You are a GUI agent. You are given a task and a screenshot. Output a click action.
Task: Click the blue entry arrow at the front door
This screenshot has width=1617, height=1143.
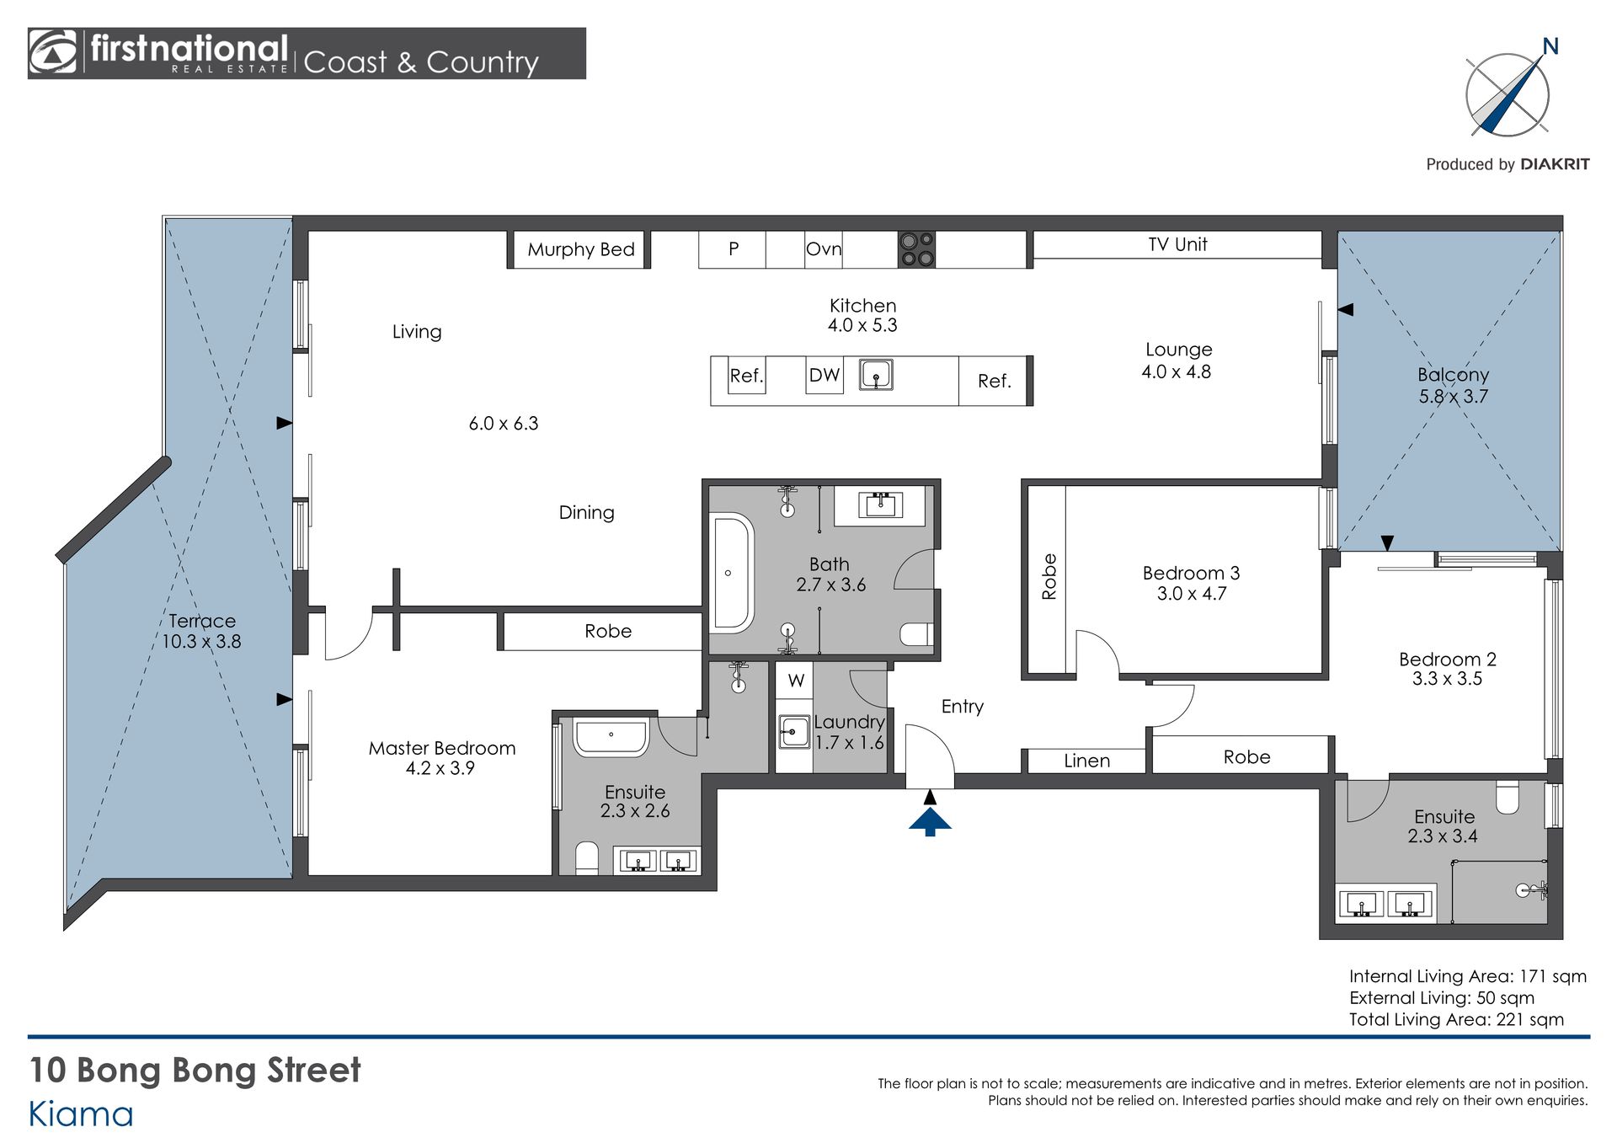930,821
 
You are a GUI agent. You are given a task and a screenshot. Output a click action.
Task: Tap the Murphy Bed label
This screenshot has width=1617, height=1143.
581,249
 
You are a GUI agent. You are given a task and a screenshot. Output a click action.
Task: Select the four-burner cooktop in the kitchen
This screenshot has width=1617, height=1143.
916,249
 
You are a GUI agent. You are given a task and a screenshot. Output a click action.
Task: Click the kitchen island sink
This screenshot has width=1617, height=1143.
876,374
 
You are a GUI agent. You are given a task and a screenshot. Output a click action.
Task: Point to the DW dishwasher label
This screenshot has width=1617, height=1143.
825,375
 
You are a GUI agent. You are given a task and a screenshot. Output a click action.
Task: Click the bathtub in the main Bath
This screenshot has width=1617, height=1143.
731,573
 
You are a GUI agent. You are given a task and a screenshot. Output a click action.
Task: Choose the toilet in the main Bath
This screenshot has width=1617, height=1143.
916,633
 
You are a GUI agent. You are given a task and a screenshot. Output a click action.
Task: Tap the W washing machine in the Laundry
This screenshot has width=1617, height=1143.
796,680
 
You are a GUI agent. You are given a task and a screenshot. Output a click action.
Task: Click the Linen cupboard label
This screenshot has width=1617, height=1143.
1086,761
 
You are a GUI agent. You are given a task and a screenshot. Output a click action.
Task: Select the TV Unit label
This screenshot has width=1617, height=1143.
1177,244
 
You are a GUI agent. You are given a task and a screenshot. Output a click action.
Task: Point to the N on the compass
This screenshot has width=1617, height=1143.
1550,46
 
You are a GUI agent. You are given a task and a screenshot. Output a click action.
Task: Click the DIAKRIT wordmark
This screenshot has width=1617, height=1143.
1555,164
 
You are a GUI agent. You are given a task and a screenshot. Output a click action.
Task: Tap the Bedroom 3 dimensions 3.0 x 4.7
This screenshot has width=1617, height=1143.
1192,594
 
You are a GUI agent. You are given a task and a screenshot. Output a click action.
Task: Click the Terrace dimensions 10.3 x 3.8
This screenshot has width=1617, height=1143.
201,642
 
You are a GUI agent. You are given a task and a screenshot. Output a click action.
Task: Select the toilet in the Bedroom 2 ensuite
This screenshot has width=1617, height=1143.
1507,797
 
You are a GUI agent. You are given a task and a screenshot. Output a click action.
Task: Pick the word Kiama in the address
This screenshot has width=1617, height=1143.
81,1114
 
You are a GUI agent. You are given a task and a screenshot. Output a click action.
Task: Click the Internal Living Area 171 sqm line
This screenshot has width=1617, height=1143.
1468,976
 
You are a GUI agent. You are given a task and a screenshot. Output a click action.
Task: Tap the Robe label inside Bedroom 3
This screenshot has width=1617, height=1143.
1049,576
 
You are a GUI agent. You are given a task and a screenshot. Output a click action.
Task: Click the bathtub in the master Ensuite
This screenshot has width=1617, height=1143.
611,737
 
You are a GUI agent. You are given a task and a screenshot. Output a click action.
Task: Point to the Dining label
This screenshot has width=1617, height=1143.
587,513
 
